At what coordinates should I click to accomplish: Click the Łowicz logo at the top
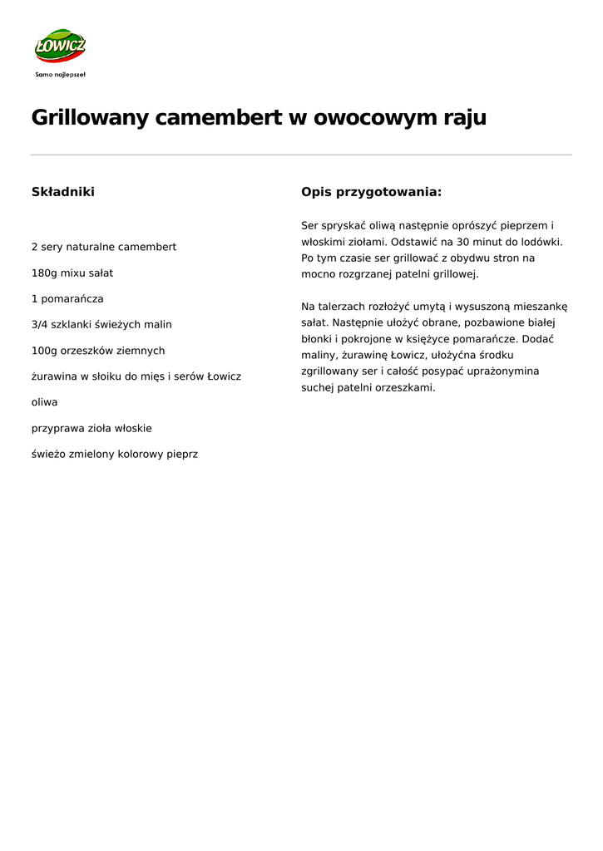point(60,46)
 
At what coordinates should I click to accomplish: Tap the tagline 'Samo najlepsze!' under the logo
point(60,74)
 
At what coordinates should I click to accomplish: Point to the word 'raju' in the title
point(465,118)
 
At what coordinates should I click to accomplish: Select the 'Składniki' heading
point(63,192)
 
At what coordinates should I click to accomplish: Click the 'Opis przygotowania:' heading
point(371,192)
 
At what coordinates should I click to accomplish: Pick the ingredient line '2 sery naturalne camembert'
point(104,247)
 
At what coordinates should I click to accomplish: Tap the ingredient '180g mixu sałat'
point(72,273)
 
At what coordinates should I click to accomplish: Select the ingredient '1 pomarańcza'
point(67,298)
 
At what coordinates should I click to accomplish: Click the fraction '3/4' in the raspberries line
point(40,324)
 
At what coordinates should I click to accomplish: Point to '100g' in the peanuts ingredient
point(43,351)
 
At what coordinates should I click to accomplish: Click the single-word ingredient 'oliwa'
point(45,402)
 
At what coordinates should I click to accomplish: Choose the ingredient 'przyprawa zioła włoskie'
point(91,428)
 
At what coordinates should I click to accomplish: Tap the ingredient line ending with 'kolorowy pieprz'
point(115,455)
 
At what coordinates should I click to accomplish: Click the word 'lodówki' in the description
point(541,242)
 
